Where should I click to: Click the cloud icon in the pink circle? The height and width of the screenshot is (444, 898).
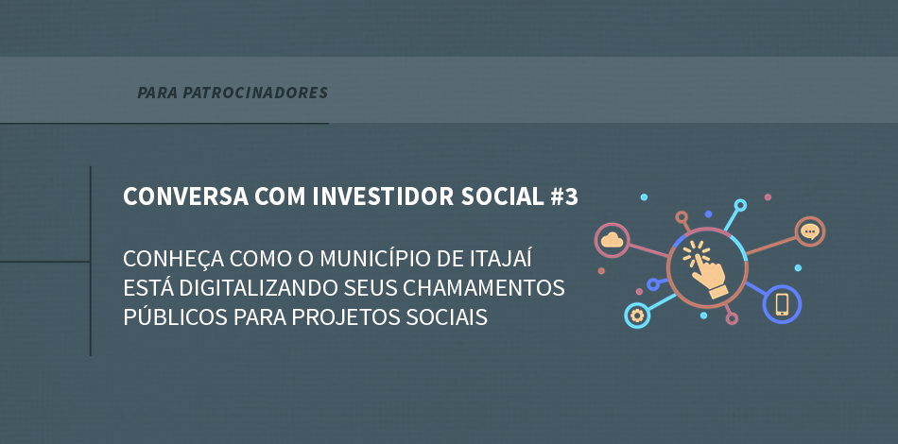(612, 240)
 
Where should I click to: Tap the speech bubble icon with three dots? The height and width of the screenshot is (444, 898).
(809, 231)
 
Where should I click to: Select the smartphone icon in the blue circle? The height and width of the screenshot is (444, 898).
(782, 304)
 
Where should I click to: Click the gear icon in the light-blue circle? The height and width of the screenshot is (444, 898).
(636, 316)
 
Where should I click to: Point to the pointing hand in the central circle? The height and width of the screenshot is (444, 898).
(705, 269)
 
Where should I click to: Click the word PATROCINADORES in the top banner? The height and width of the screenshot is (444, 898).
(255, 93)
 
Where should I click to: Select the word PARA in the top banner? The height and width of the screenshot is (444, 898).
(158, 93)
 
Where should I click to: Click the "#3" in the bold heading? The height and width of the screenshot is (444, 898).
(563, 196)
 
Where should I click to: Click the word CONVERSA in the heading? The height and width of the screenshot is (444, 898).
(185, 196)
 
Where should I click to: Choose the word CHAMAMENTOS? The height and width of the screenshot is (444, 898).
(483, 287)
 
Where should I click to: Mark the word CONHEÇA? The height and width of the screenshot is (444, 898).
(174, 259)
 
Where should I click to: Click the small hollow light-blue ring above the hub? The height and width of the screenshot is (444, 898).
(740, 205)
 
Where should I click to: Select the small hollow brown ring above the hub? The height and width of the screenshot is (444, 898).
(682, 217)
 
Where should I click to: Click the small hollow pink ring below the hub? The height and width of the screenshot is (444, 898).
(732, 318)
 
